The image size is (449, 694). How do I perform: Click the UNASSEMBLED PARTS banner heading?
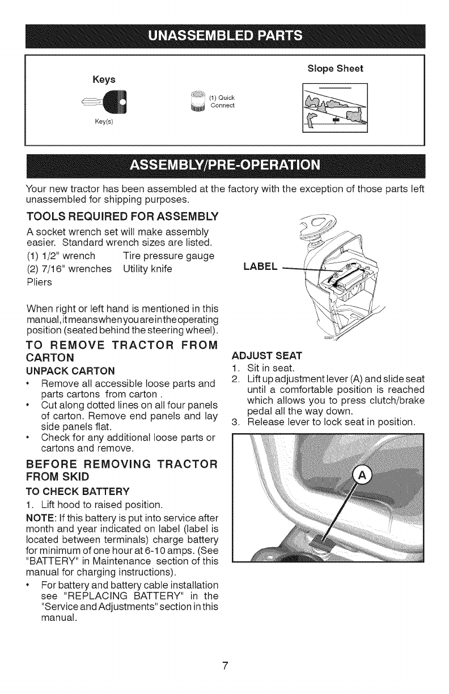[x=225, y=36]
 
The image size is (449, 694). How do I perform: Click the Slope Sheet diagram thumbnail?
[x=335, y=107]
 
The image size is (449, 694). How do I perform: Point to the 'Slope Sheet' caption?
[x=335, y=69]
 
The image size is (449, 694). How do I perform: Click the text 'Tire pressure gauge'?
[x=168, y=256]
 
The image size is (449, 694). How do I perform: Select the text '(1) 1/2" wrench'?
[x=60, y=256]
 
